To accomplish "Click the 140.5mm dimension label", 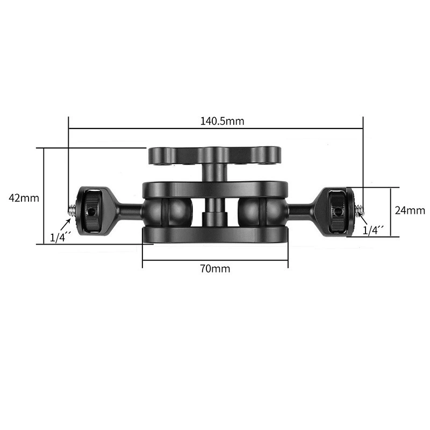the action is (222, 121).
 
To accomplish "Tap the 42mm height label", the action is (24, 198).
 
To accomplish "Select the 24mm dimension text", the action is (410, 210).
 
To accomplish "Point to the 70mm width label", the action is (215, 268).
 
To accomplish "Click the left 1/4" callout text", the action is (61, 236).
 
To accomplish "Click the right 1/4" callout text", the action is (373, 230).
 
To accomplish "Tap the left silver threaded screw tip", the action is (71, 209).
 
